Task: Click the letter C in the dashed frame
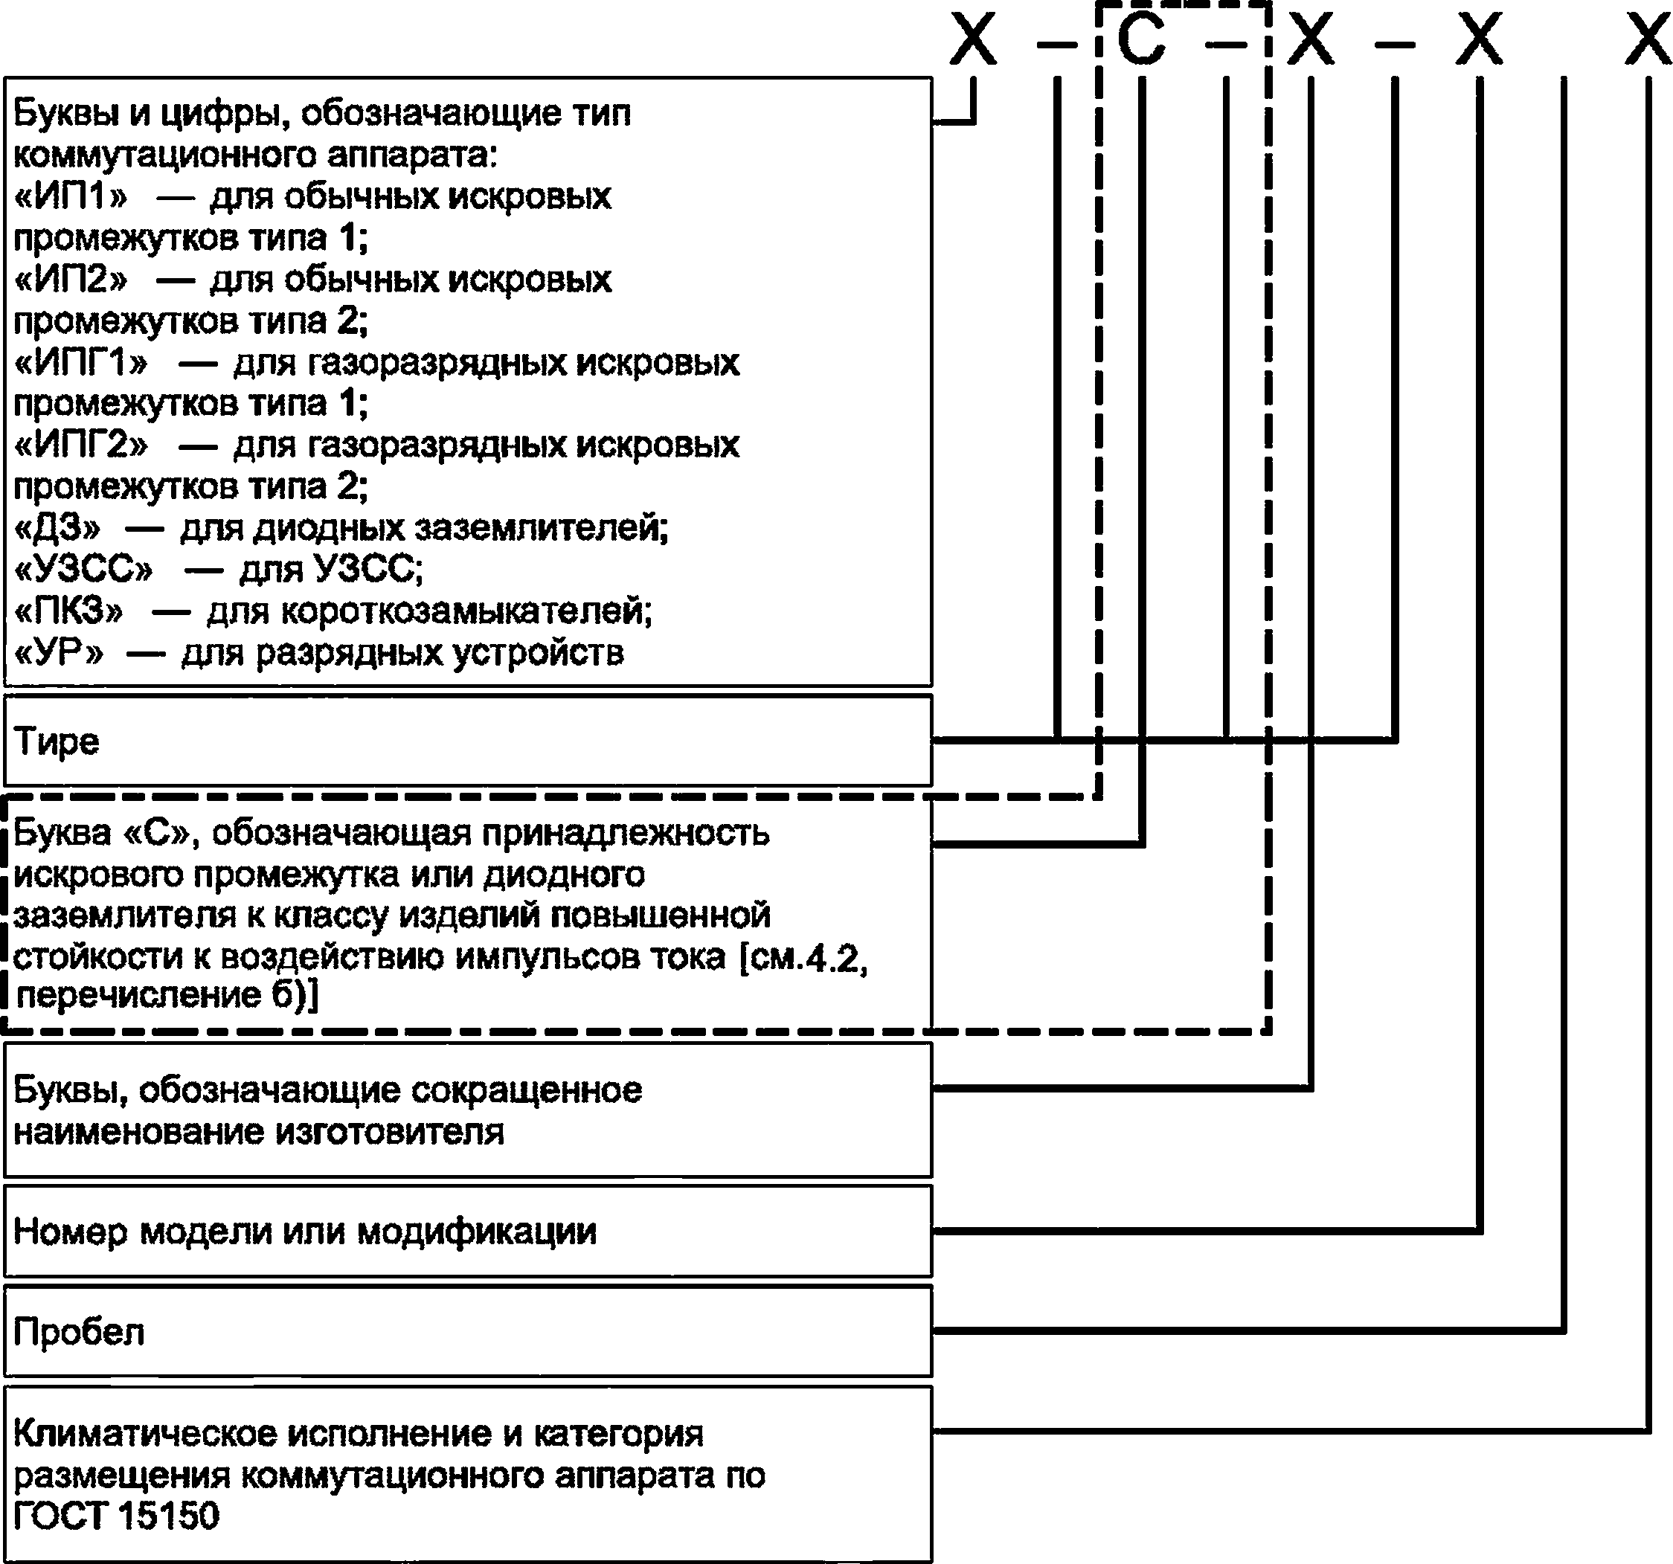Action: (x=1141, y=39)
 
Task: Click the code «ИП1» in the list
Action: (x=71, y=198)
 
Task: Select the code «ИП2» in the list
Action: (x=71, y=280)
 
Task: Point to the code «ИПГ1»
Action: (x=81, y=364)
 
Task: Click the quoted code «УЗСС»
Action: (x=84, y=570)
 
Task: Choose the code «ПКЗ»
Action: (x=69, y=611)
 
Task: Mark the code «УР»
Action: (x=59, y=653)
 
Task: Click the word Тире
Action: (x=57, y=742)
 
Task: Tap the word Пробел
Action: (x=79, y=1333)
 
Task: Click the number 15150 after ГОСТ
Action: (x=168, y=1515)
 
